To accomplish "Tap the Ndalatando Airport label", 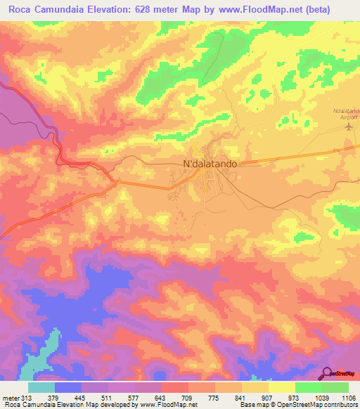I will tap(345, 115).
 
